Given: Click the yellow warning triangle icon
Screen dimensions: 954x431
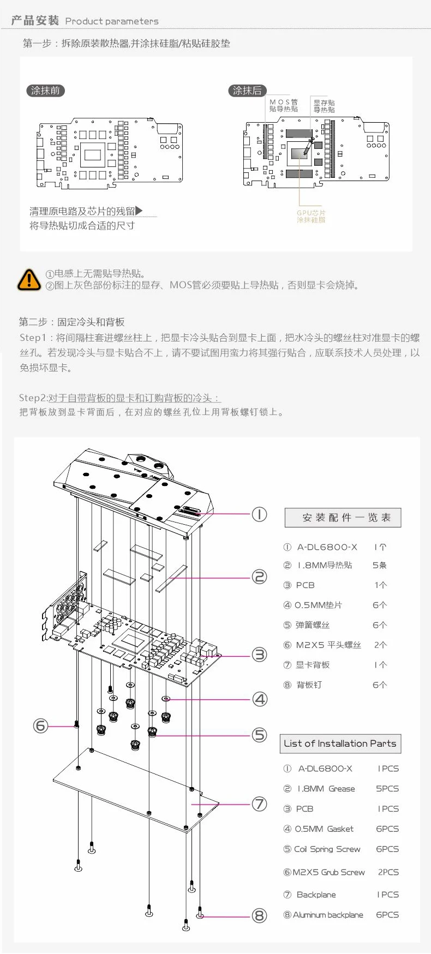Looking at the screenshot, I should (x=29, y=279).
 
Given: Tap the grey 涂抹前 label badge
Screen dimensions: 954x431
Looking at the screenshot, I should (x=45, y=91).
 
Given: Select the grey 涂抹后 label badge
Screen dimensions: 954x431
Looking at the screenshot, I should (x=247, y=91).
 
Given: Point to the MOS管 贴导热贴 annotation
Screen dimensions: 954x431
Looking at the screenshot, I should (x=283, y=105).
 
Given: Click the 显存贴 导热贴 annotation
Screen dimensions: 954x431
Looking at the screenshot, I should (x=324, y=106).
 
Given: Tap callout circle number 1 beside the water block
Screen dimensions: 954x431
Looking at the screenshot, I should (x=259, y=514).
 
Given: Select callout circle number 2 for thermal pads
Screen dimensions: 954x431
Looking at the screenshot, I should (x=259, y=577).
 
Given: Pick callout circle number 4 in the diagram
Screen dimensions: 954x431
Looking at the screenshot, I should (x=260, y=699).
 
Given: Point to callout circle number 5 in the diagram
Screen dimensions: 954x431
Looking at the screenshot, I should (x=260, y=735).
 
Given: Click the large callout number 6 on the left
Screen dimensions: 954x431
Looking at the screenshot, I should (x=40, y=725).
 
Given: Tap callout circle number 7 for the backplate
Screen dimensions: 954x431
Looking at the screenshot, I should (x=259, y=803).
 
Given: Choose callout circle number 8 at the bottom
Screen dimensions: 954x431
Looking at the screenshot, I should (x=260, y=916).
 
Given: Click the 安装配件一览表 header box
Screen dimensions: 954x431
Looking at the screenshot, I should (x=343, y=518).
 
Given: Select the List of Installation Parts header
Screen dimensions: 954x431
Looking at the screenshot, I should (x=340, y=743).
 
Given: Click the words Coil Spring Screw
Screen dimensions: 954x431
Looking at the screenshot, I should (x=327, y=849).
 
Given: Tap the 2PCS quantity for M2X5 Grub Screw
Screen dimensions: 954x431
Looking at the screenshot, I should (x=388, y=872).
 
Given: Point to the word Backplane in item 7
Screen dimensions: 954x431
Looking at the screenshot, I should (x=316, y=895).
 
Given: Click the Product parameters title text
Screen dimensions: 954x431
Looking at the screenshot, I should (x=112, y=21).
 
